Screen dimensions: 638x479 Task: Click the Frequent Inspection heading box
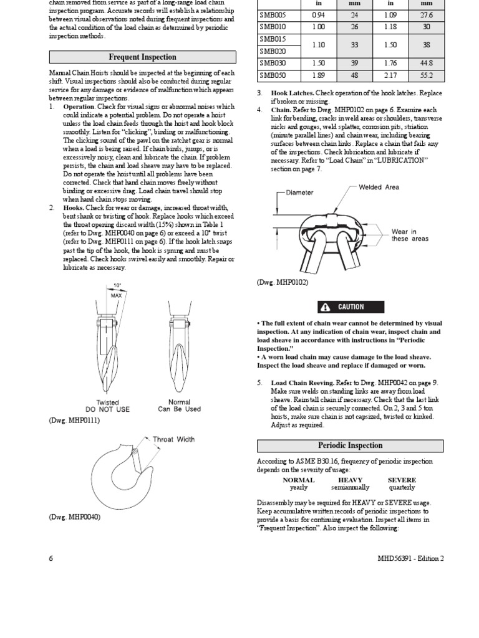click(x=143, y=57)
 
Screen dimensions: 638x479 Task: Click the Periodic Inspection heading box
click(x=350, y=445)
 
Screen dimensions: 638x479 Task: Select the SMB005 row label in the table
click(x=272, y=15)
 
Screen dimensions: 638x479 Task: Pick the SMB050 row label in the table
click(x=272, y=75)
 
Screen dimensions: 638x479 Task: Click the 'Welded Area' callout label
click(x=379, y=187)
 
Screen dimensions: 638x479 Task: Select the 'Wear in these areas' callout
click(x=409, y=235)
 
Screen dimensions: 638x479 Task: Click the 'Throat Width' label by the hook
click(x=174, y=439)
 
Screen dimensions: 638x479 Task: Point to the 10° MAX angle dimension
click(x=117, y=290)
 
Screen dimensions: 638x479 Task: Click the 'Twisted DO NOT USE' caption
click(x=108, y=406)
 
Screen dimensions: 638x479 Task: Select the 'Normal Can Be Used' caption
click(x=180, y=406)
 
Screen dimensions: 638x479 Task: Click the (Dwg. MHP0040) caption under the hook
click(x=75, y=517)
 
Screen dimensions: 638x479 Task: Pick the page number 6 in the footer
click(x=51, y=558)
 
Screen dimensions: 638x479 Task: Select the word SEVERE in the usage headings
click(x=402, y=480)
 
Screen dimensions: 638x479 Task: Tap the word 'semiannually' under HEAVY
click(x=350, y=488)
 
